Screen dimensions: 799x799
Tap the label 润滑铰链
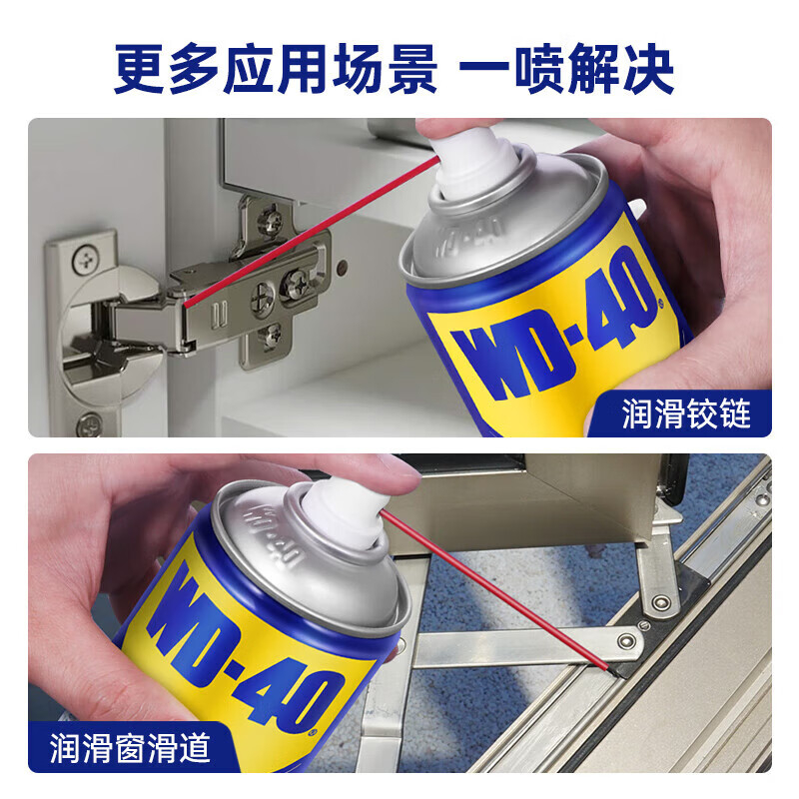[686, 413]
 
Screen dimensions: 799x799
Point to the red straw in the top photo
[311, 233]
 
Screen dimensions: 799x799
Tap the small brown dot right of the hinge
[343, 266]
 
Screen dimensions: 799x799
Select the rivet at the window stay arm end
[626, 640]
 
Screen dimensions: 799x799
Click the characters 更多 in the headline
[167, 69]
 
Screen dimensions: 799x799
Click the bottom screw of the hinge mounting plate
[270, 337]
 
